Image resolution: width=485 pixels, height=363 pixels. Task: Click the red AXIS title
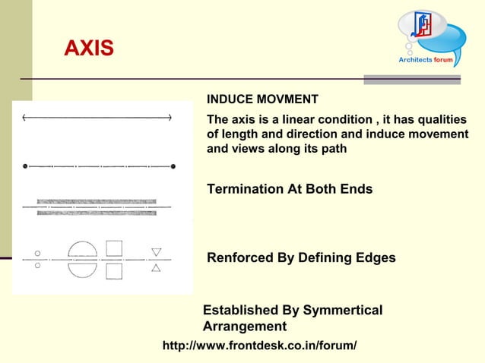pos(89,49)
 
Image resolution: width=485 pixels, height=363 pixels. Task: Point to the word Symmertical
pos(342,311)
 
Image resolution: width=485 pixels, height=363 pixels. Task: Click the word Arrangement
pos(245,327)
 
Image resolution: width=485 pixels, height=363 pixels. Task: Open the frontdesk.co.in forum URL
pos(260,346)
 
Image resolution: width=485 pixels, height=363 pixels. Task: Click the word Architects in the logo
pos(415,59)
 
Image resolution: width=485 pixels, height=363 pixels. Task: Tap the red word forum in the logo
pos(444,59)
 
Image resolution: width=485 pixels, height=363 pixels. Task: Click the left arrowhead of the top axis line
pos(25,118)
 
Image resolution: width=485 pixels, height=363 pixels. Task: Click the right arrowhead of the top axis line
pos(170,118)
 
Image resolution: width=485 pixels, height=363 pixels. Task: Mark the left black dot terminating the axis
pos(26,165)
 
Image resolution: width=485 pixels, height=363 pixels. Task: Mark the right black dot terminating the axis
pos(173,165)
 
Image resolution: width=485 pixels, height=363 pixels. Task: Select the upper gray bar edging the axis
pos(97,201)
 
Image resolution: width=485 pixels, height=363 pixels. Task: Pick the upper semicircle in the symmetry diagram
pos(82,250)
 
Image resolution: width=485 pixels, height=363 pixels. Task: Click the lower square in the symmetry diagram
pos(114,270)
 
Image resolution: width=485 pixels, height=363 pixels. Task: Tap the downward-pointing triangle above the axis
pos(156,252)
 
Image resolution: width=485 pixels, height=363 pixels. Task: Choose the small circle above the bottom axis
pos(37,253)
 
